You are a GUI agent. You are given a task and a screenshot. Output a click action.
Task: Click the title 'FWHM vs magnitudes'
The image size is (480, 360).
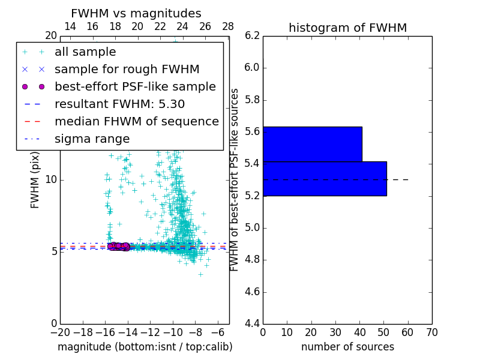(136, 13)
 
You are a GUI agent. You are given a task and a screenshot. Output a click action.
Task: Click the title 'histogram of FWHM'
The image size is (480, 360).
(347, 28)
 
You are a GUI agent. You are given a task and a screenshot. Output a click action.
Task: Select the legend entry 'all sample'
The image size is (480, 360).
(85, 52)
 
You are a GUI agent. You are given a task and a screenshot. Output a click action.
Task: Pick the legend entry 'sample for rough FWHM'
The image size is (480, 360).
(127, 70)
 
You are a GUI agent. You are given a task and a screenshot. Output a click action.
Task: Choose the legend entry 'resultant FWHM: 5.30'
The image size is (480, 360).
(119, 104)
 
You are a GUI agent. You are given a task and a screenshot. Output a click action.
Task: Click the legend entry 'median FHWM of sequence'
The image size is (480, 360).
(136, 122)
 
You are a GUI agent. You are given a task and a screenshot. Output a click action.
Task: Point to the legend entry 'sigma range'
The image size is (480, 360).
(92, 139)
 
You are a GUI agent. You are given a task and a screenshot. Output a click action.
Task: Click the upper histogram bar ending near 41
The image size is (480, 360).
(312, 144)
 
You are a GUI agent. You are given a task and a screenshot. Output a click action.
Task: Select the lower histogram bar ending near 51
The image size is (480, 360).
(325, 179)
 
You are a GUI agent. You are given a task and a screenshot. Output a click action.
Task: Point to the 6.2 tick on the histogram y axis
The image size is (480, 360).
(252, 35)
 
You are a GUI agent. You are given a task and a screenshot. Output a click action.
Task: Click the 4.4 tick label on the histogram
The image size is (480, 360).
(252, 324)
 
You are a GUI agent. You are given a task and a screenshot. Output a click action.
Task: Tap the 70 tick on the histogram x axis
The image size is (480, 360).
(431, 332)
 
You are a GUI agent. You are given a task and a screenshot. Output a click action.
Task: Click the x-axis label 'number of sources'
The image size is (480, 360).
(347, 347)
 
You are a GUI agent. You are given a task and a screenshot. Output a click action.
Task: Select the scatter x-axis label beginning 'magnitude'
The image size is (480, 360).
(145, 347)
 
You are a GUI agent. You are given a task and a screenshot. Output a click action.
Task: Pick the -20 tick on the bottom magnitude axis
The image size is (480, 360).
(60, 332)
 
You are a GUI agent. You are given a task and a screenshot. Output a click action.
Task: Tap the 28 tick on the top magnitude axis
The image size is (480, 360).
(228, 26)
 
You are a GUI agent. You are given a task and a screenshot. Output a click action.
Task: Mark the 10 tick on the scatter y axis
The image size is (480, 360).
(51, 179)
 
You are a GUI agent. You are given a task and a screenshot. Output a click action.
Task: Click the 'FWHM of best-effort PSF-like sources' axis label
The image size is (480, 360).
(235, 180)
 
